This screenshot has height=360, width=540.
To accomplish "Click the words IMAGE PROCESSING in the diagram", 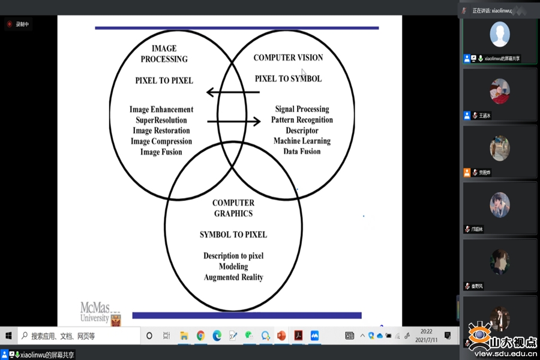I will point(164,53).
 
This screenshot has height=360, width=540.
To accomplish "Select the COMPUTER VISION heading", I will point(288,58).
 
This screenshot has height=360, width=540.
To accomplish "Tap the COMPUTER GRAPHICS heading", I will point(233,208).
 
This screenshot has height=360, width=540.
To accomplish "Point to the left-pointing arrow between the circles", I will point(233,92).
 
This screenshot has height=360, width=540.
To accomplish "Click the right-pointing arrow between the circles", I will point(234,122).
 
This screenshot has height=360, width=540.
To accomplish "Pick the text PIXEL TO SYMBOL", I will point(288,79).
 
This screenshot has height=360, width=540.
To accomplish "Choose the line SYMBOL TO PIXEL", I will point(233,235).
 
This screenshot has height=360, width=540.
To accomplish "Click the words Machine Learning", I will point(302,141).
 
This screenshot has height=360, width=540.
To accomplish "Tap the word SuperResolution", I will point(162,120).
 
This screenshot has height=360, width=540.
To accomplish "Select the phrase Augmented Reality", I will point(233,277).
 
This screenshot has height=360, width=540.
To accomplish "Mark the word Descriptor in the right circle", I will point(302,130).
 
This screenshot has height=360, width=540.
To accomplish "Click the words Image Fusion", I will point(161,152).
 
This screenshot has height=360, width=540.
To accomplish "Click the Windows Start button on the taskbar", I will point(8,335).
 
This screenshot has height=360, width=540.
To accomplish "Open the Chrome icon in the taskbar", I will point(200,335).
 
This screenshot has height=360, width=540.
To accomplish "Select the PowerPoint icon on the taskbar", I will point(281,335).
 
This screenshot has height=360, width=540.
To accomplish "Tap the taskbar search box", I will point(78,335).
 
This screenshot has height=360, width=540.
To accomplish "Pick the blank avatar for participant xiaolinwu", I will point(500,34).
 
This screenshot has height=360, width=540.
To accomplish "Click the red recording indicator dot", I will point(10,24).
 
